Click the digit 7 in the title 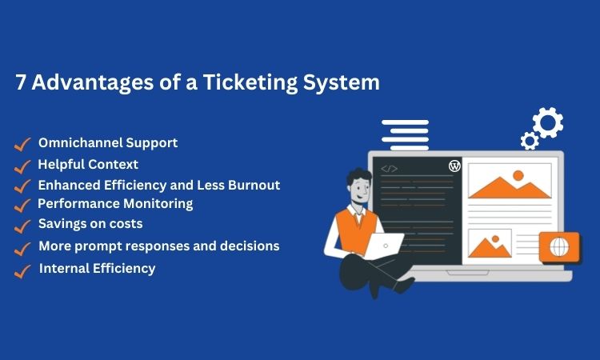[x=21, y=82]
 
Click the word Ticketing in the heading [x=250, y=82]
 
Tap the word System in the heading [x=342, y=82]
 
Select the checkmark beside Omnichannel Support [x=22, y=144]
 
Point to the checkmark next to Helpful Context [x=22, y=167]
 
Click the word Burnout [x=254, y=185]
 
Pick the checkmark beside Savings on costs [x=22, y=226]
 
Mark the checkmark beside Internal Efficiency [x=22, y=271]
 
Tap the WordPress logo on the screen [x=454, y=166]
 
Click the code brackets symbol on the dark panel [x=389, y=169]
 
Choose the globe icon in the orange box [x=559, y=246]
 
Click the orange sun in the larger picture [x=518, y=176]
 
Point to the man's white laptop [x=384, y=246]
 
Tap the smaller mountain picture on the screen [x=490, y=243]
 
